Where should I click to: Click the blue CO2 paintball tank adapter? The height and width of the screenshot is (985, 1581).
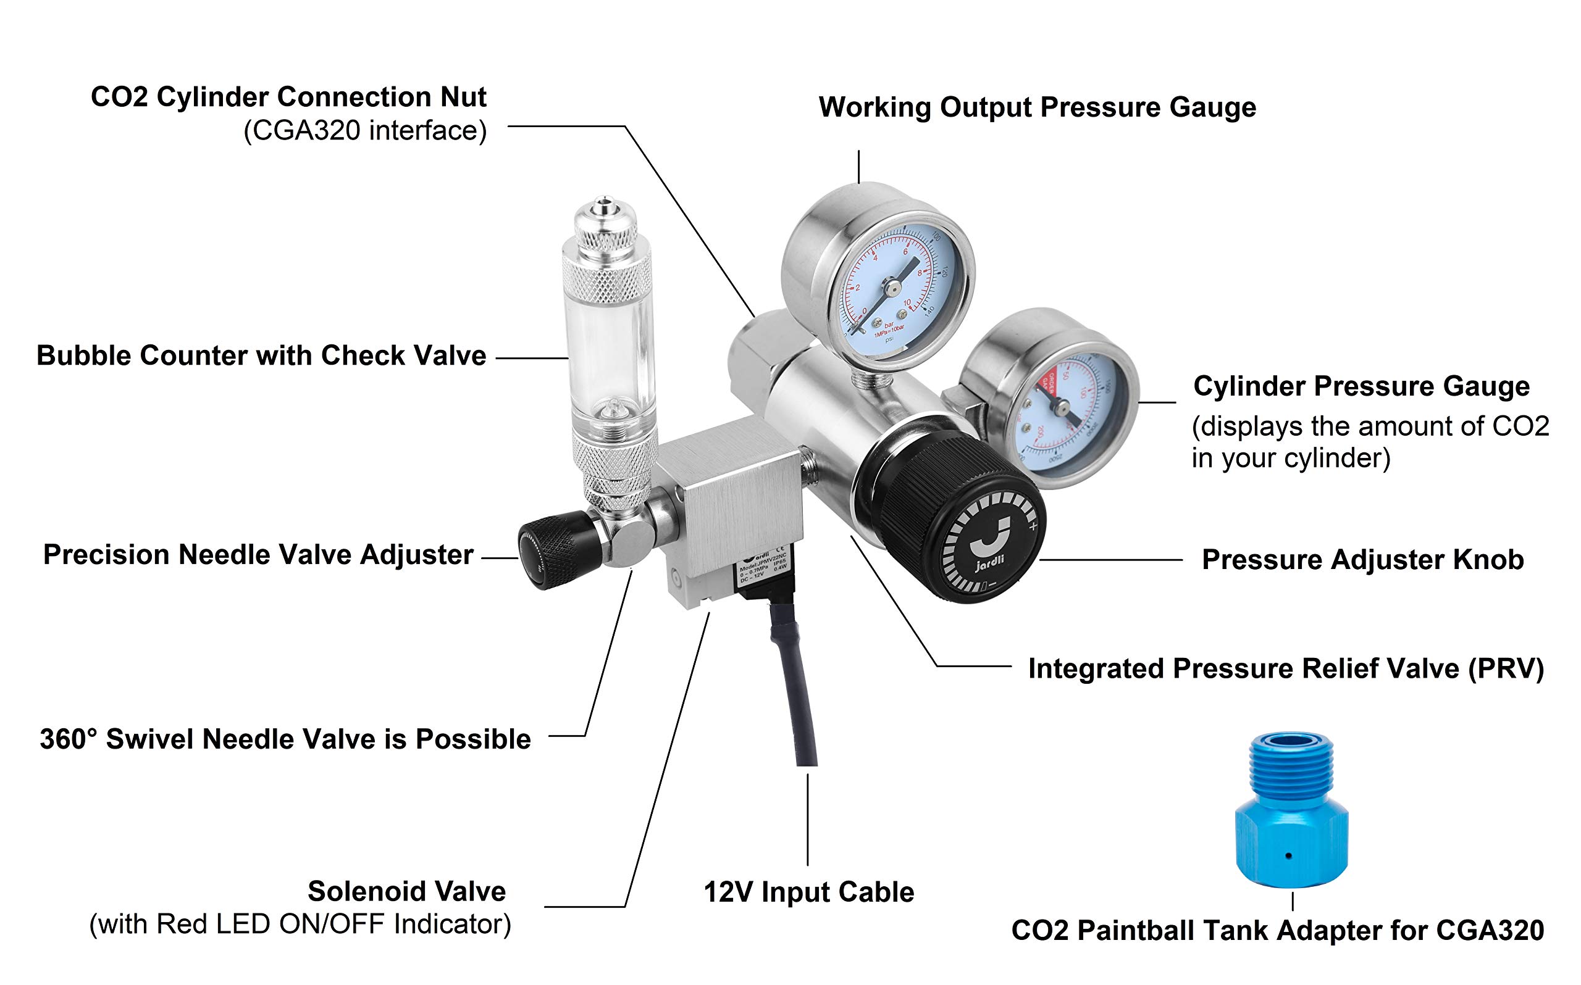point(1291,814)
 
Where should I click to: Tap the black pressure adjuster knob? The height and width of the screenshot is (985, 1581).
point(952,515)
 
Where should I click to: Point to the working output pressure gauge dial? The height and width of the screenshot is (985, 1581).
point(889,286)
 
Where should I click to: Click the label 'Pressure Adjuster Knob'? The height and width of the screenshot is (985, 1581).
point(1362,560)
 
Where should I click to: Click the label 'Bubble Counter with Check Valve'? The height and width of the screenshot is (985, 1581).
point(261,355)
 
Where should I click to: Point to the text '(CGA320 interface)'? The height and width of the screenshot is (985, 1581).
point(365,130)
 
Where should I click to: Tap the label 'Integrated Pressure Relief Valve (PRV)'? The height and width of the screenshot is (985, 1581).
point(1286,668)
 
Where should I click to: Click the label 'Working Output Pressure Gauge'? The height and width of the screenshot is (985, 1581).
point(1038,107)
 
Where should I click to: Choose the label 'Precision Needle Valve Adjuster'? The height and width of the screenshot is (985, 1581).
point(258,555)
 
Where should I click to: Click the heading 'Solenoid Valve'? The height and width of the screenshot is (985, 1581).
point(406,891)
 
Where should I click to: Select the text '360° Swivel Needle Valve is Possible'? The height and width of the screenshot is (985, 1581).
point(285,739)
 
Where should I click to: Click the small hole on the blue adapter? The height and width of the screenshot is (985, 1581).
point(1289,855)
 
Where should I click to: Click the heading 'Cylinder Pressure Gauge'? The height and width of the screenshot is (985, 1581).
point(1361,386)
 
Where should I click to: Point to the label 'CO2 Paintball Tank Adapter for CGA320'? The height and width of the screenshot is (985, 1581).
point(1277,930)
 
